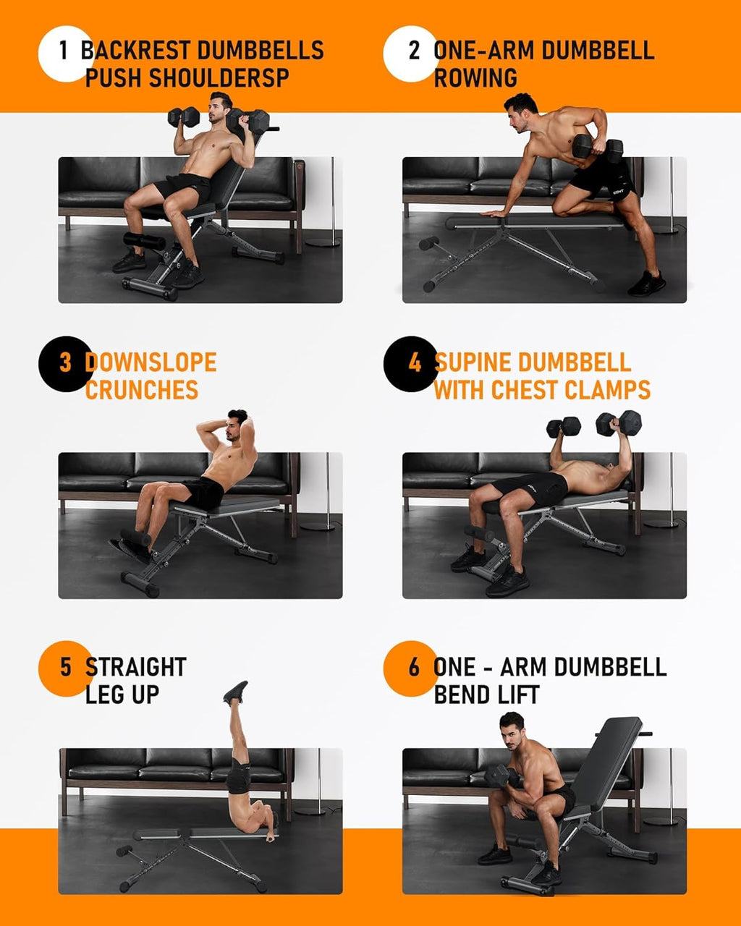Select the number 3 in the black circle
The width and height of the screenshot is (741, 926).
[x=65, y=362]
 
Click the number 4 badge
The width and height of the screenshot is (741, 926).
[x=414, y=362]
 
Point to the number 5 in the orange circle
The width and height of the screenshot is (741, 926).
[x=65, y=667]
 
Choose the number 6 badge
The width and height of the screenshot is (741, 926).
[x=413, y=667]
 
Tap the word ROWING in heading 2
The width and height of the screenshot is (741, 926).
[x=475, y=78]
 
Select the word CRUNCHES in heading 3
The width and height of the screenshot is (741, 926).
[x=142, y=390]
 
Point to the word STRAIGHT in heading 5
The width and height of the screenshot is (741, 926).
[x=136, y=667]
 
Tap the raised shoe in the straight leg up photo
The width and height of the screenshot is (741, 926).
[x=236, y=692]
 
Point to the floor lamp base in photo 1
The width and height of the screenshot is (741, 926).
[x=322, y=242]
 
